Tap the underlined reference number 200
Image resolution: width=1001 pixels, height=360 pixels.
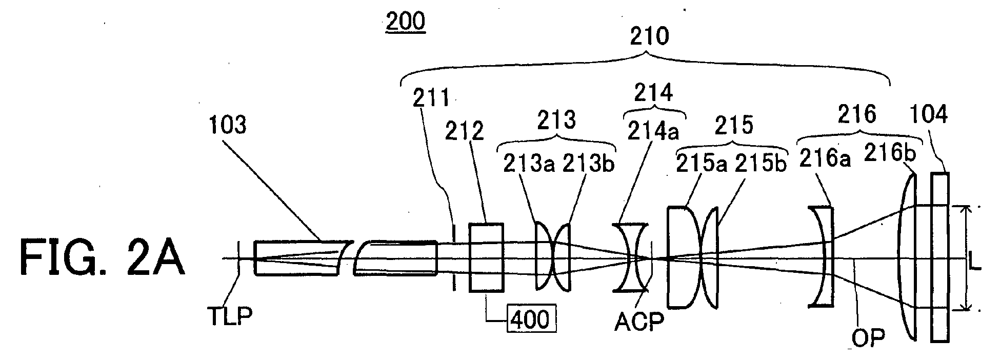click(405, 22)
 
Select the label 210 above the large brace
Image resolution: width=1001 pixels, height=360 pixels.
click(649, 37)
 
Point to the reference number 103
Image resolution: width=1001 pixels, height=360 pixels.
click(227, 125)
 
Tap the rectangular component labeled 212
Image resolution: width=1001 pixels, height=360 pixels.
click(487, 257)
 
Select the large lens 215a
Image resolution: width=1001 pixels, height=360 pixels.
click(685, 257)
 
